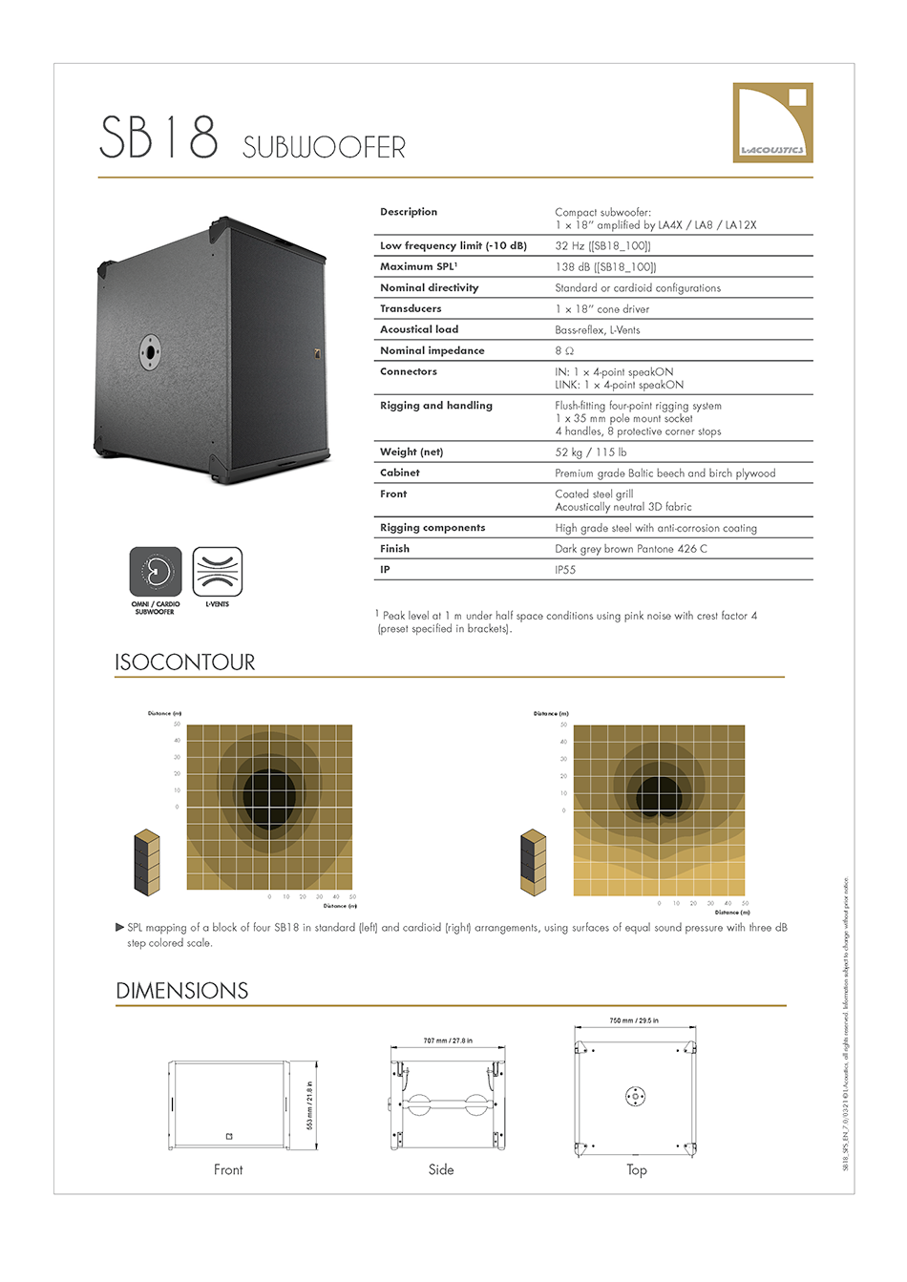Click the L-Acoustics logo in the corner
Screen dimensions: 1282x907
coord(772,122)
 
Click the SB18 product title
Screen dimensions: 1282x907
coord(158,137)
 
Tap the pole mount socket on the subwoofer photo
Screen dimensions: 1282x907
coord(150,350)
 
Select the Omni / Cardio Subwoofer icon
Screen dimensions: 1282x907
coord(156,573)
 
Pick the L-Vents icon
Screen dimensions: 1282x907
coord(218,573)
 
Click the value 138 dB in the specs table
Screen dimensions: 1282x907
coord(605,267)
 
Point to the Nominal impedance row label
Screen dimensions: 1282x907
coord(432,351)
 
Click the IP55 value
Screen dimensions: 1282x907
coord(565,570)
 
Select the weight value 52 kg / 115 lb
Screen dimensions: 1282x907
coord(591,452)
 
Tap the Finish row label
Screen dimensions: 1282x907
coord(394,549)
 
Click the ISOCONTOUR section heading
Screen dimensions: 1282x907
coord(185,662)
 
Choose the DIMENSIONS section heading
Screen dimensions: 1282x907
coord(182,991)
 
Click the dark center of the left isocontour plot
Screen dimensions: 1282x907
coord(270,791)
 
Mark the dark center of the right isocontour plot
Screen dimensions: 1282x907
coord(660,795)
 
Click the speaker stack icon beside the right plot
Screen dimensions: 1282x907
coord(533,863)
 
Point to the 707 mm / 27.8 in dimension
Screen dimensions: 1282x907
coord(448,1040)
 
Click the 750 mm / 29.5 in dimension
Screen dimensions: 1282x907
coord(634,1020)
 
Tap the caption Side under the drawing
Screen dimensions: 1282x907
coord(441,1169)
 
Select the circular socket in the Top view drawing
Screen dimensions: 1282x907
coord(635,1096)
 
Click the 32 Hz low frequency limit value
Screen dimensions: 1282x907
coord(602,246)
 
